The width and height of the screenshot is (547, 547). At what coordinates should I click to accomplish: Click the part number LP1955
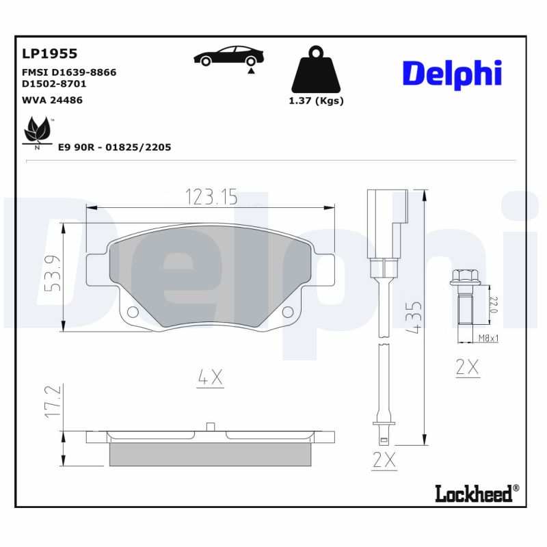50,53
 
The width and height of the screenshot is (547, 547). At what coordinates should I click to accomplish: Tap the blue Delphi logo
452,74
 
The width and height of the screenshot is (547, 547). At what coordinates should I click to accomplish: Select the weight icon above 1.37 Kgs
315,70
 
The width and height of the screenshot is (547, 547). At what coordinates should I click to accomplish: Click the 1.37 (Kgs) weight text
315,101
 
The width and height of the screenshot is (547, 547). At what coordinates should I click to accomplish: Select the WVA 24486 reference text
53,100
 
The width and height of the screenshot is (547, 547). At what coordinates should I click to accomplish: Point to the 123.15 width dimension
211,198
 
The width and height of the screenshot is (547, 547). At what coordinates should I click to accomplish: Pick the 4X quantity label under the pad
211,377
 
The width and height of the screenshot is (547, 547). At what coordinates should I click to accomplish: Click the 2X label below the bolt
468,367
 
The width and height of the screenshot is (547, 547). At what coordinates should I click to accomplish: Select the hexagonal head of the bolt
462,278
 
